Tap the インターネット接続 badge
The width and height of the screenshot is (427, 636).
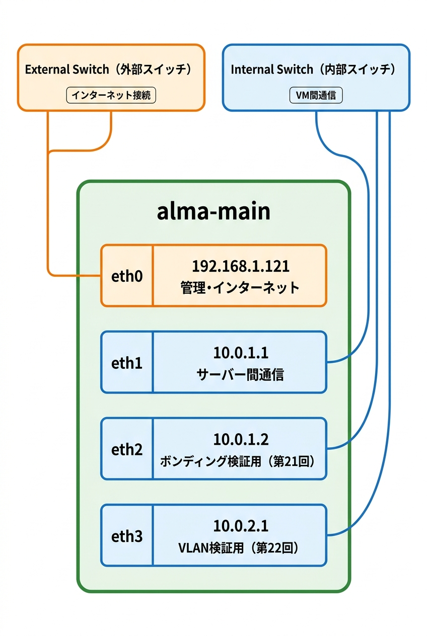(111, 95)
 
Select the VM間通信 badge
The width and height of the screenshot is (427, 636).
(316, 95)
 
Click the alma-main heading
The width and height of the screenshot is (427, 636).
(213, 211)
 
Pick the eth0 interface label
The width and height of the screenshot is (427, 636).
(127, 276)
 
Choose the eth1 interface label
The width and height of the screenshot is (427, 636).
(127, 363)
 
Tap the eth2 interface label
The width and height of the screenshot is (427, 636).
(127, 449)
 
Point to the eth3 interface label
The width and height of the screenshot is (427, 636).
(127, 535)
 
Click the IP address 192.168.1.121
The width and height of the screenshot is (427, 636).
(240, 266)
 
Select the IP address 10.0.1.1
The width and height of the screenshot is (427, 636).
(240, 353)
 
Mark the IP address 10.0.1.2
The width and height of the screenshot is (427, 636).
(240, 439)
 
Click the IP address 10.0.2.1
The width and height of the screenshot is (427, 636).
(240, 526)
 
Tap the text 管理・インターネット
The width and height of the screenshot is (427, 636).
(240, 288)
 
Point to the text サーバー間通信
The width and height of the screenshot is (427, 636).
(240, 374)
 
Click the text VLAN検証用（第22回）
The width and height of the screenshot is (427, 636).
(240, 547)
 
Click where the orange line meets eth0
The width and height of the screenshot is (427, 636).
(101, 276)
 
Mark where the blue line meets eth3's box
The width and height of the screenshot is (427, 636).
(327, 534)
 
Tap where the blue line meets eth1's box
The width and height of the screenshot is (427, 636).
(327, 362)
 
